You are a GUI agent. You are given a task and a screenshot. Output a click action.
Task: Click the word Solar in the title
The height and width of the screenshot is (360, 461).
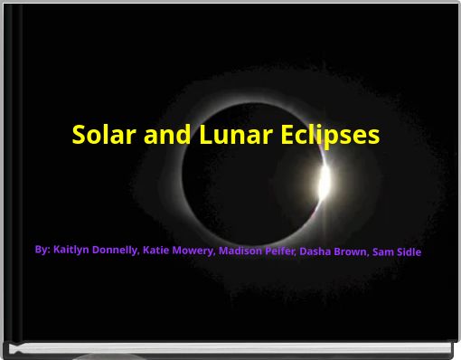(101, 135)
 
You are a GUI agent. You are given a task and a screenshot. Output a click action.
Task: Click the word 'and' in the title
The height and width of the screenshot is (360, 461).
(164, 135)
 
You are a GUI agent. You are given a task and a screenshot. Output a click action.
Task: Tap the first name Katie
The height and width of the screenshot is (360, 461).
(156, 250)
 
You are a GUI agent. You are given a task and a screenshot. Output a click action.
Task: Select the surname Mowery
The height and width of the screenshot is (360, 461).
(194, 251)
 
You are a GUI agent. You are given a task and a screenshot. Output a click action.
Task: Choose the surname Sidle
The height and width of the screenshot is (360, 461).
(410, 252)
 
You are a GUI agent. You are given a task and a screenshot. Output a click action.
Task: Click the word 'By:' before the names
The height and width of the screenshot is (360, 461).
(42, 249)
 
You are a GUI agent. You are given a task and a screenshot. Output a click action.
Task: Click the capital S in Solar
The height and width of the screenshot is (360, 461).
(79, 135)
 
